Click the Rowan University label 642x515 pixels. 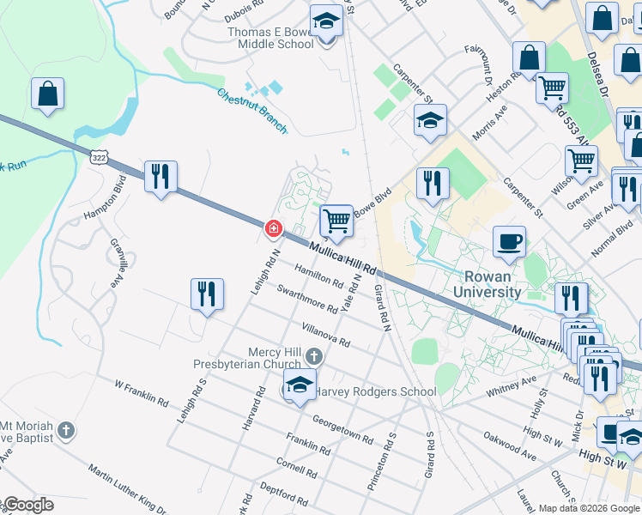[x=493, y=284]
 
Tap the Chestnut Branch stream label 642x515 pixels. [x=251, y=111]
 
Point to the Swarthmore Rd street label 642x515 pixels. [x=307, y=296]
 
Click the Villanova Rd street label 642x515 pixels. [x=325, y=336]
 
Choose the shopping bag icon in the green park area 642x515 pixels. [x=47, y=94]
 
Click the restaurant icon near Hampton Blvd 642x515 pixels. [x=160, y=177]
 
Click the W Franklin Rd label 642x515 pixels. [x=141, y=391]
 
